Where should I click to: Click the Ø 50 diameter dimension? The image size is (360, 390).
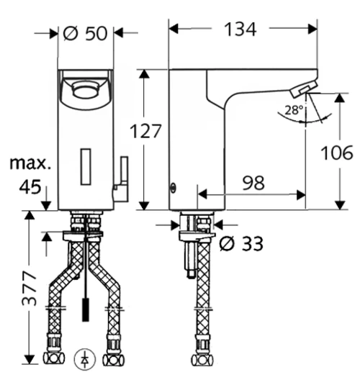[85, 33]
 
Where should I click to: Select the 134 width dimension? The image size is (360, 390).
[240, 30]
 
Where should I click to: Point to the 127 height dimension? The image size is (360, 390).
[145, 131]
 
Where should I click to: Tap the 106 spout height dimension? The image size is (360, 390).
[337, 153]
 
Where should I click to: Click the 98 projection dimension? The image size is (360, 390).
[253, 183]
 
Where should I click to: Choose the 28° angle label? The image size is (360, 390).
[294, 109]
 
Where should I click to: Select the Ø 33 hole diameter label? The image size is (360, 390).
[240, 244]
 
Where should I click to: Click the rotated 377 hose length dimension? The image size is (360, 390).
[29, 289]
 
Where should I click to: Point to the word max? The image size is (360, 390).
[30, 163]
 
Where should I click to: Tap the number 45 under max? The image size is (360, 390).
[30, 187]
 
